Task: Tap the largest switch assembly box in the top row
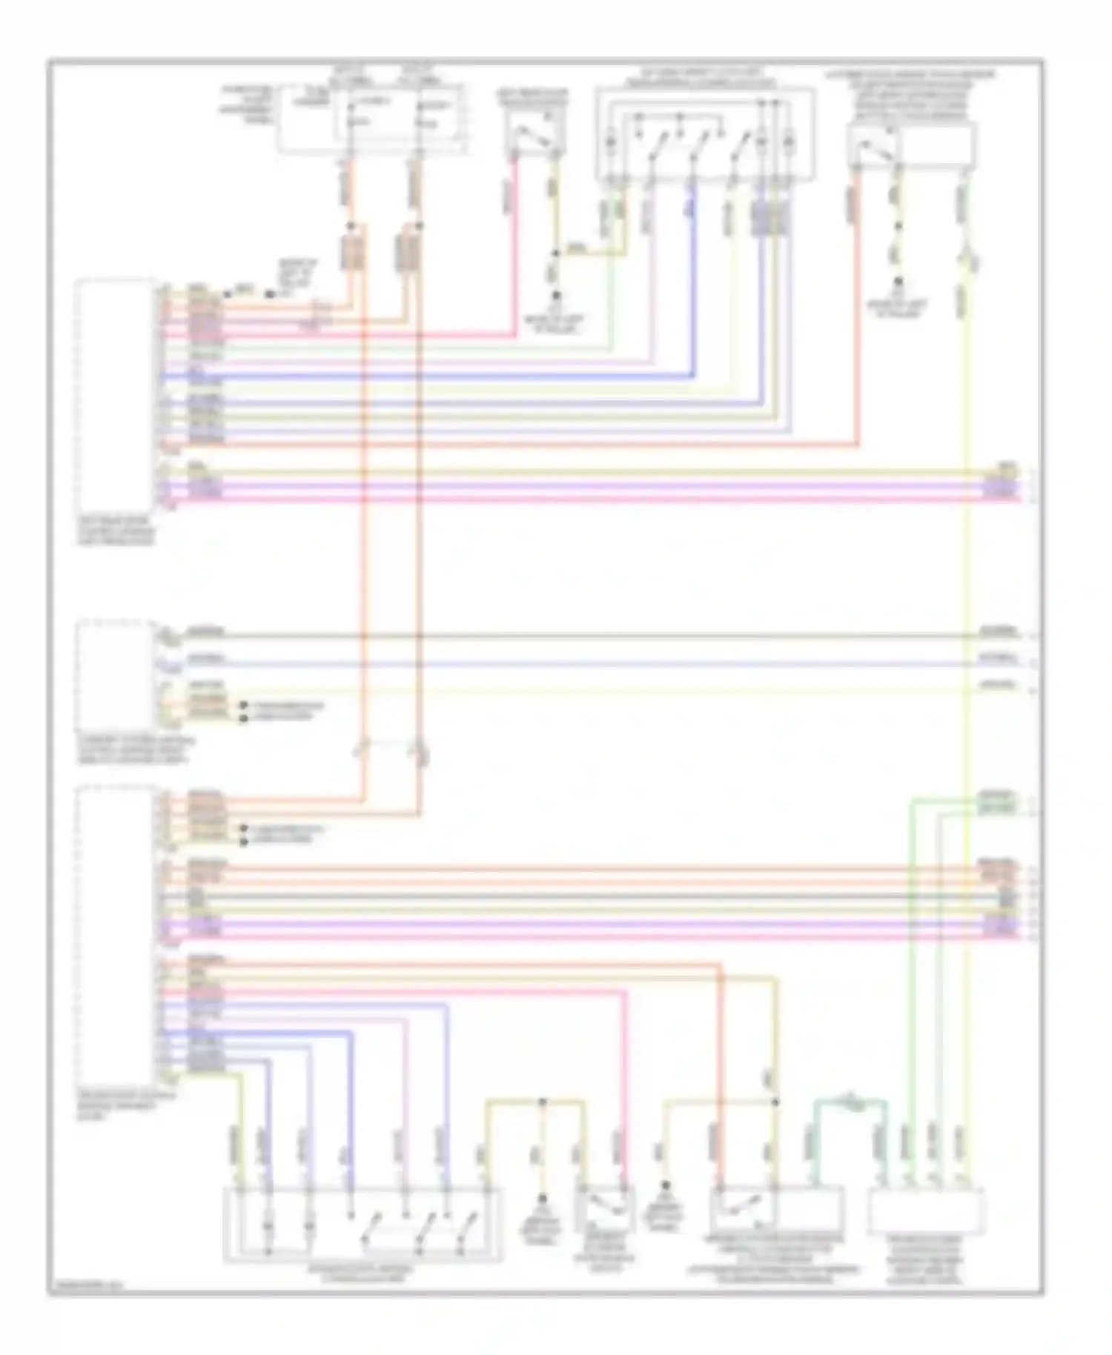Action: pos(705,134)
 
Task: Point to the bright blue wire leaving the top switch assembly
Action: pos(694,282)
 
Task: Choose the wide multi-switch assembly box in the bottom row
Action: pos(363,1223)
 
